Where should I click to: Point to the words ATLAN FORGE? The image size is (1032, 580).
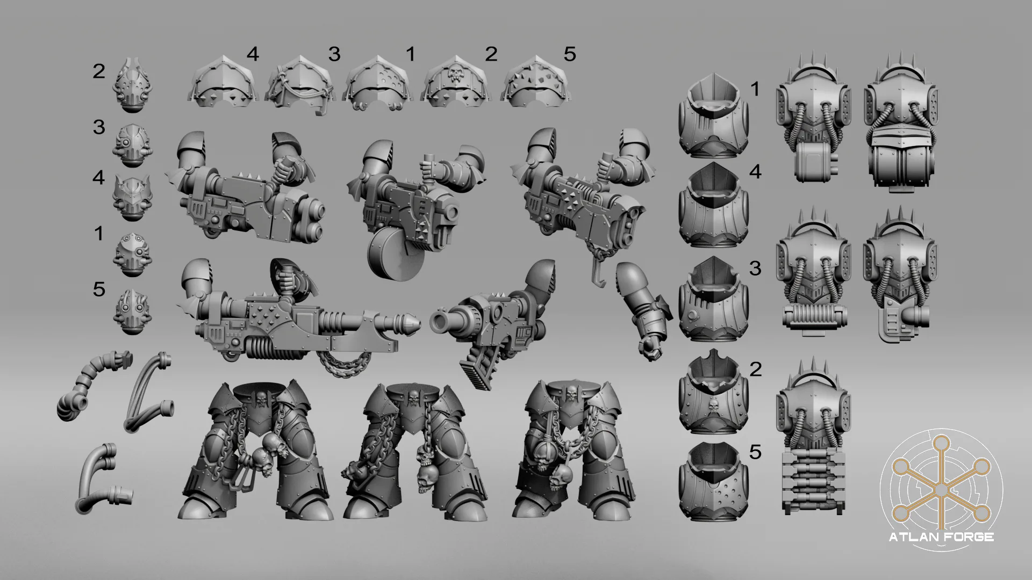[x=941, y=537]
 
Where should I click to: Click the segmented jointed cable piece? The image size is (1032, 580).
[x=92, y=385]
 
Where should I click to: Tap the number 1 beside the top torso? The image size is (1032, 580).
[x=755, y=89]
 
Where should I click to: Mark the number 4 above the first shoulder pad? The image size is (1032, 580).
[x=253, y=54]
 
